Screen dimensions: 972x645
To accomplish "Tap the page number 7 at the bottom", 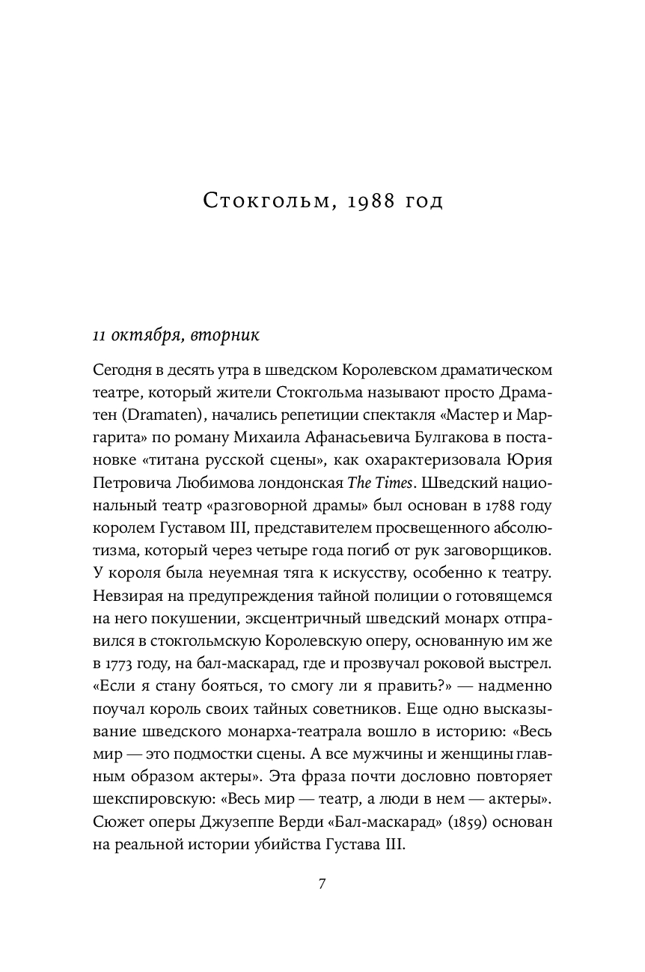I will coord(322,884).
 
